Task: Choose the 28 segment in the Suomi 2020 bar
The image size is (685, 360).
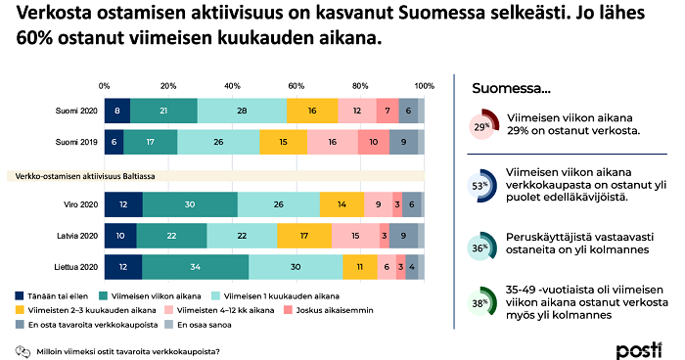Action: (x=243, y=111)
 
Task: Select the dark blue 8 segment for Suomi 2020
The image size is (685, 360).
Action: (x=116, y=111)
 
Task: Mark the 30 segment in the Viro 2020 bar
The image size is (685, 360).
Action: (x=190, y=204)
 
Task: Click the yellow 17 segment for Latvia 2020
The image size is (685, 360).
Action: (x=304, y=236)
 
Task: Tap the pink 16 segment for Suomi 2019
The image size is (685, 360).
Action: (x=332, y=142)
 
